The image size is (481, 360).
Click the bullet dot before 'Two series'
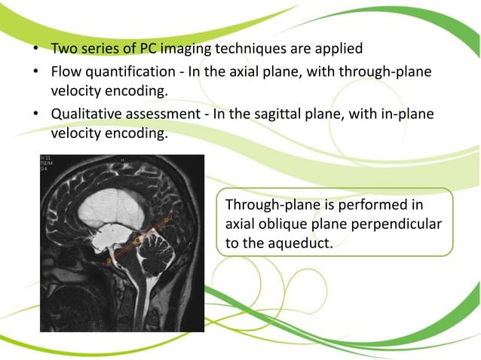coord(35,50)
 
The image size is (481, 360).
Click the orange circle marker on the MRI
coord(138,240)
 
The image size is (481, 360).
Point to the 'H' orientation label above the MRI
coord(122,160)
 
